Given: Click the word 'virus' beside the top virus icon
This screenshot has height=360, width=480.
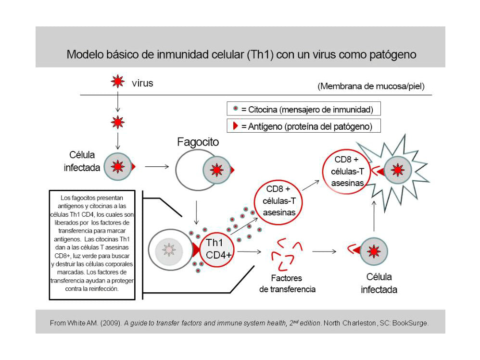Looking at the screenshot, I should tap(142, 83).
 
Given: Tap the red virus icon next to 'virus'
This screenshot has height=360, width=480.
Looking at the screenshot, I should tap(118, 82).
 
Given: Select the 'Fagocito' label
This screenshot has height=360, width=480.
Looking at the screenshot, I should tap(198, 142).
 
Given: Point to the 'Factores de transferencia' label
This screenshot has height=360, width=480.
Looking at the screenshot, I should tap(287, 284).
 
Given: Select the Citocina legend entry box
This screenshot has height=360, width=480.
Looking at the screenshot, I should tap(303, 110).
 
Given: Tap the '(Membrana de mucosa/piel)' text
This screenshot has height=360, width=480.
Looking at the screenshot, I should tap(371, 87).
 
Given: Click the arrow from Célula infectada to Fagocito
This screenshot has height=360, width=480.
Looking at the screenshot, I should tap(156, 167).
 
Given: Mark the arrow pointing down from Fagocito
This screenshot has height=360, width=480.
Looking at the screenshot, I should tap(196, 211).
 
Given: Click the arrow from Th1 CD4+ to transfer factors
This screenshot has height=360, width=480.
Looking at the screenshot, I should tap(249, 251).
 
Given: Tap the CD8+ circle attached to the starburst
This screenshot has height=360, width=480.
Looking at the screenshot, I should tap(347, 171).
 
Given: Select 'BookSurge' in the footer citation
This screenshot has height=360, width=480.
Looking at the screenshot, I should tap(410, 323).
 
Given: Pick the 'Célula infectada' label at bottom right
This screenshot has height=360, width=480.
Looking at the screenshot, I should tap(379, 283).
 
